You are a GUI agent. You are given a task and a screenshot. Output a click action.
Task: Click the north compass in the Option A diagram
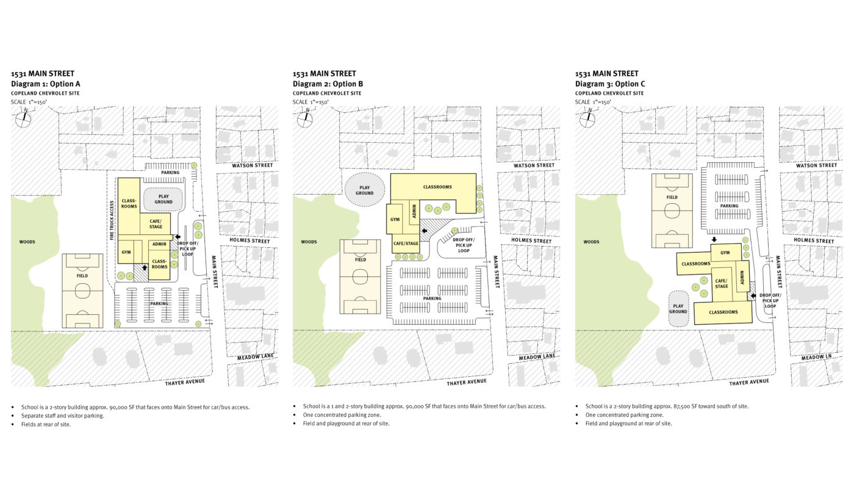point(23,118)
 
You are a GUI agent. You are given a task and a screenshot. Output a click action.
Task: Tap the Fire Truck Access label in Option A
point(112,220)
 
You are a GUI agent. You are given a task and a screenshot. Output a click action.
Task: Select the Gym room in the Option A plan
point(126,251)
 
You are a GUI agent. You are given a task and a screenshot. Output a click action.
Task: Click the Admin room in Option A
point(159,244)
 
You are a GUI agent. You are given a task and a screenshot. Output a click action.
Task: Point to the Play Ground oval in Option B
point(365,190)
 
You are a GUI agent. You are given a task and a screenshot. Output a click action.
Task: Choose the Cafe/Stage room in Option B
point(406,244)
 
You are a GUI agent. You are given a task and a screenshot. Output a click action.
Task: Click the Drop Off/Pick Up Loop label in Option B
point(464,245)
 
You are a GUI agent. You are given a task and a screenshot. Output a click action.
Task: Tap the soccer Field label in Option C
point(672,197)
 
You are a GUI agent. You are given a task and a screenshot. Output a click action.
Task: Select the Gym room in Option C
point(725,253)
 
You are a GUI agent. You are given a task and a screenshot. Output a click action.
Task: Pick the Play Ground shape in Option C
point(678,309)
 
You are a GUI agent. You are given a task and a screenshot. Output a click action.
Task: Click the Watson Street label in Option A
point(253,165)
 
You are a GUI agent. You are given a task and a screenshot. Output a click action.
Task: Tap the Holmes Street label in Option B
point(531,240)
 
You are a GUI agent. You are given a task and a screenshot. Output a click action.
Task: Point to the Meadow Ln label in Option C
point(816,357)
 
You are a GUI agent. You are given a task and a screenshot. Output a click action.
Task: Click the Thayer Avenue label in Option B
point(467,381)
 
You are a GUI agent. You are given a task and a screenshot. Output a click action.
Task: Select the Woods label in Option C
point(591,242)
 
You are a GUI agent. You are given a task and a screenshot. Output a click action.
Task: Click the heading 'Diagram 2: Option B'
point(328,84)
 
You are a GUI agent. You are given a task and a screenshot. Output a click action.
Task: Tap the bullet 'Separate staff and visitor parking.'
point(62,416)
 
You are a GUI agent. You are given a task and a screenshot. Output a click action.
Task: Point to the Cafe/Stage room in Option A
point(156,224)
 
